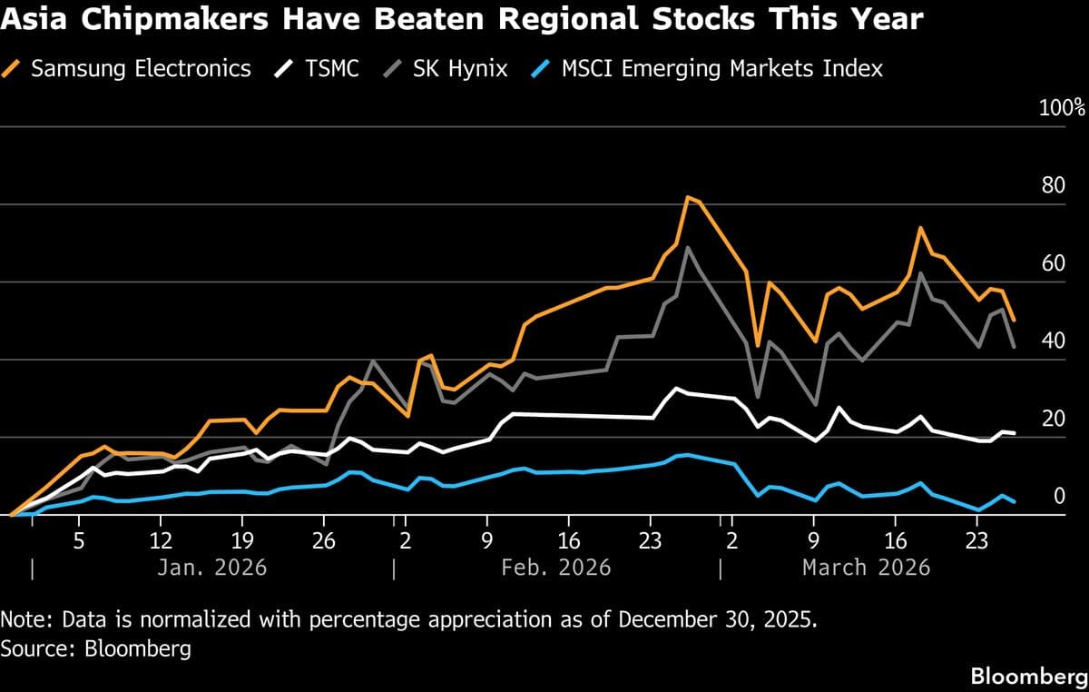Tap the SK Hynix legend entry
tap(460, 68)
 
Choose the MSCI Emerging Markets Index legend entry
tap(721, 68)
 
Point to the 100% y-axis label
tap(1061, 108)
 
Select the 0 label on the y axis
tap(1057, 497)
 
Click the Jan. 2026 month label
tap(211, 568)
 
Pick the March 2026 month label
tap(866, 568)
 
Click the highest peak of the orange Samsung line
tap(688, 197)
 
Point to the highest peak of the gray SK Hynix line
tap(687, 247)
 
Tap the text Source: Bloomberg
tap(95, 648)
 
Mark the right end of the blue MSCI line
tap(1015, 501)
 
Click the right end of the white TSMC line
tap(1015, 433)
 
